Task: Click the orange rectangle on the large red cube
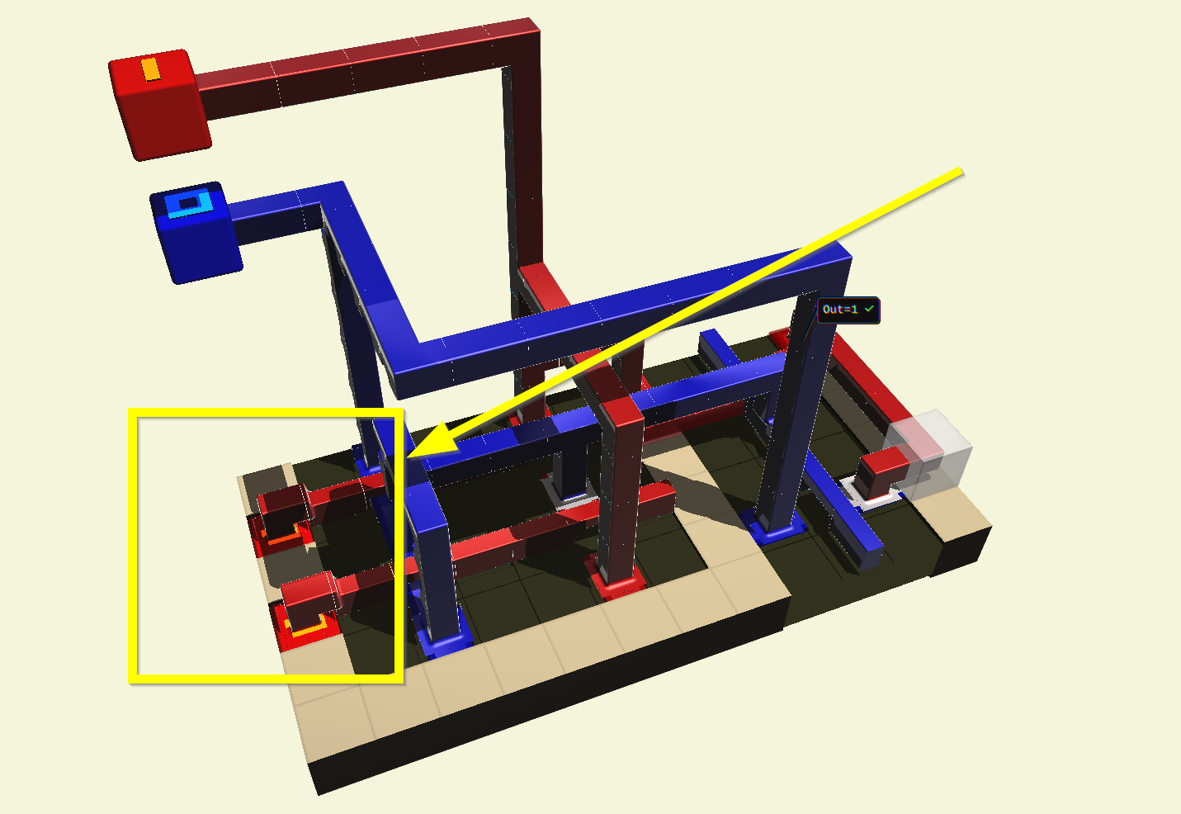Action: click(151, 69)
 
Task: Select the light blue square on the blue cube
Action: click(189, 204)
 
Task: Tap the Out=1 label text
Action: click(840, 310)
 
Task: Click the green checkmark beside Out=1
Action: click(869, 308)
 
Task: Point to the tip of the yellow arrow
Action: click(408, 457)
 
